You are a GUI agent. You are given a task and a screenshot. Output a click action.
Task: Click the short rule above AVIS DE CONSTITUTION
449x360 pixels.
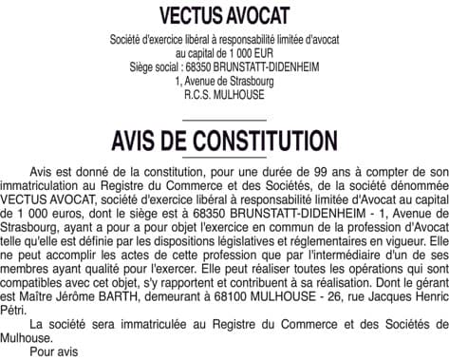point(224,121)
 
